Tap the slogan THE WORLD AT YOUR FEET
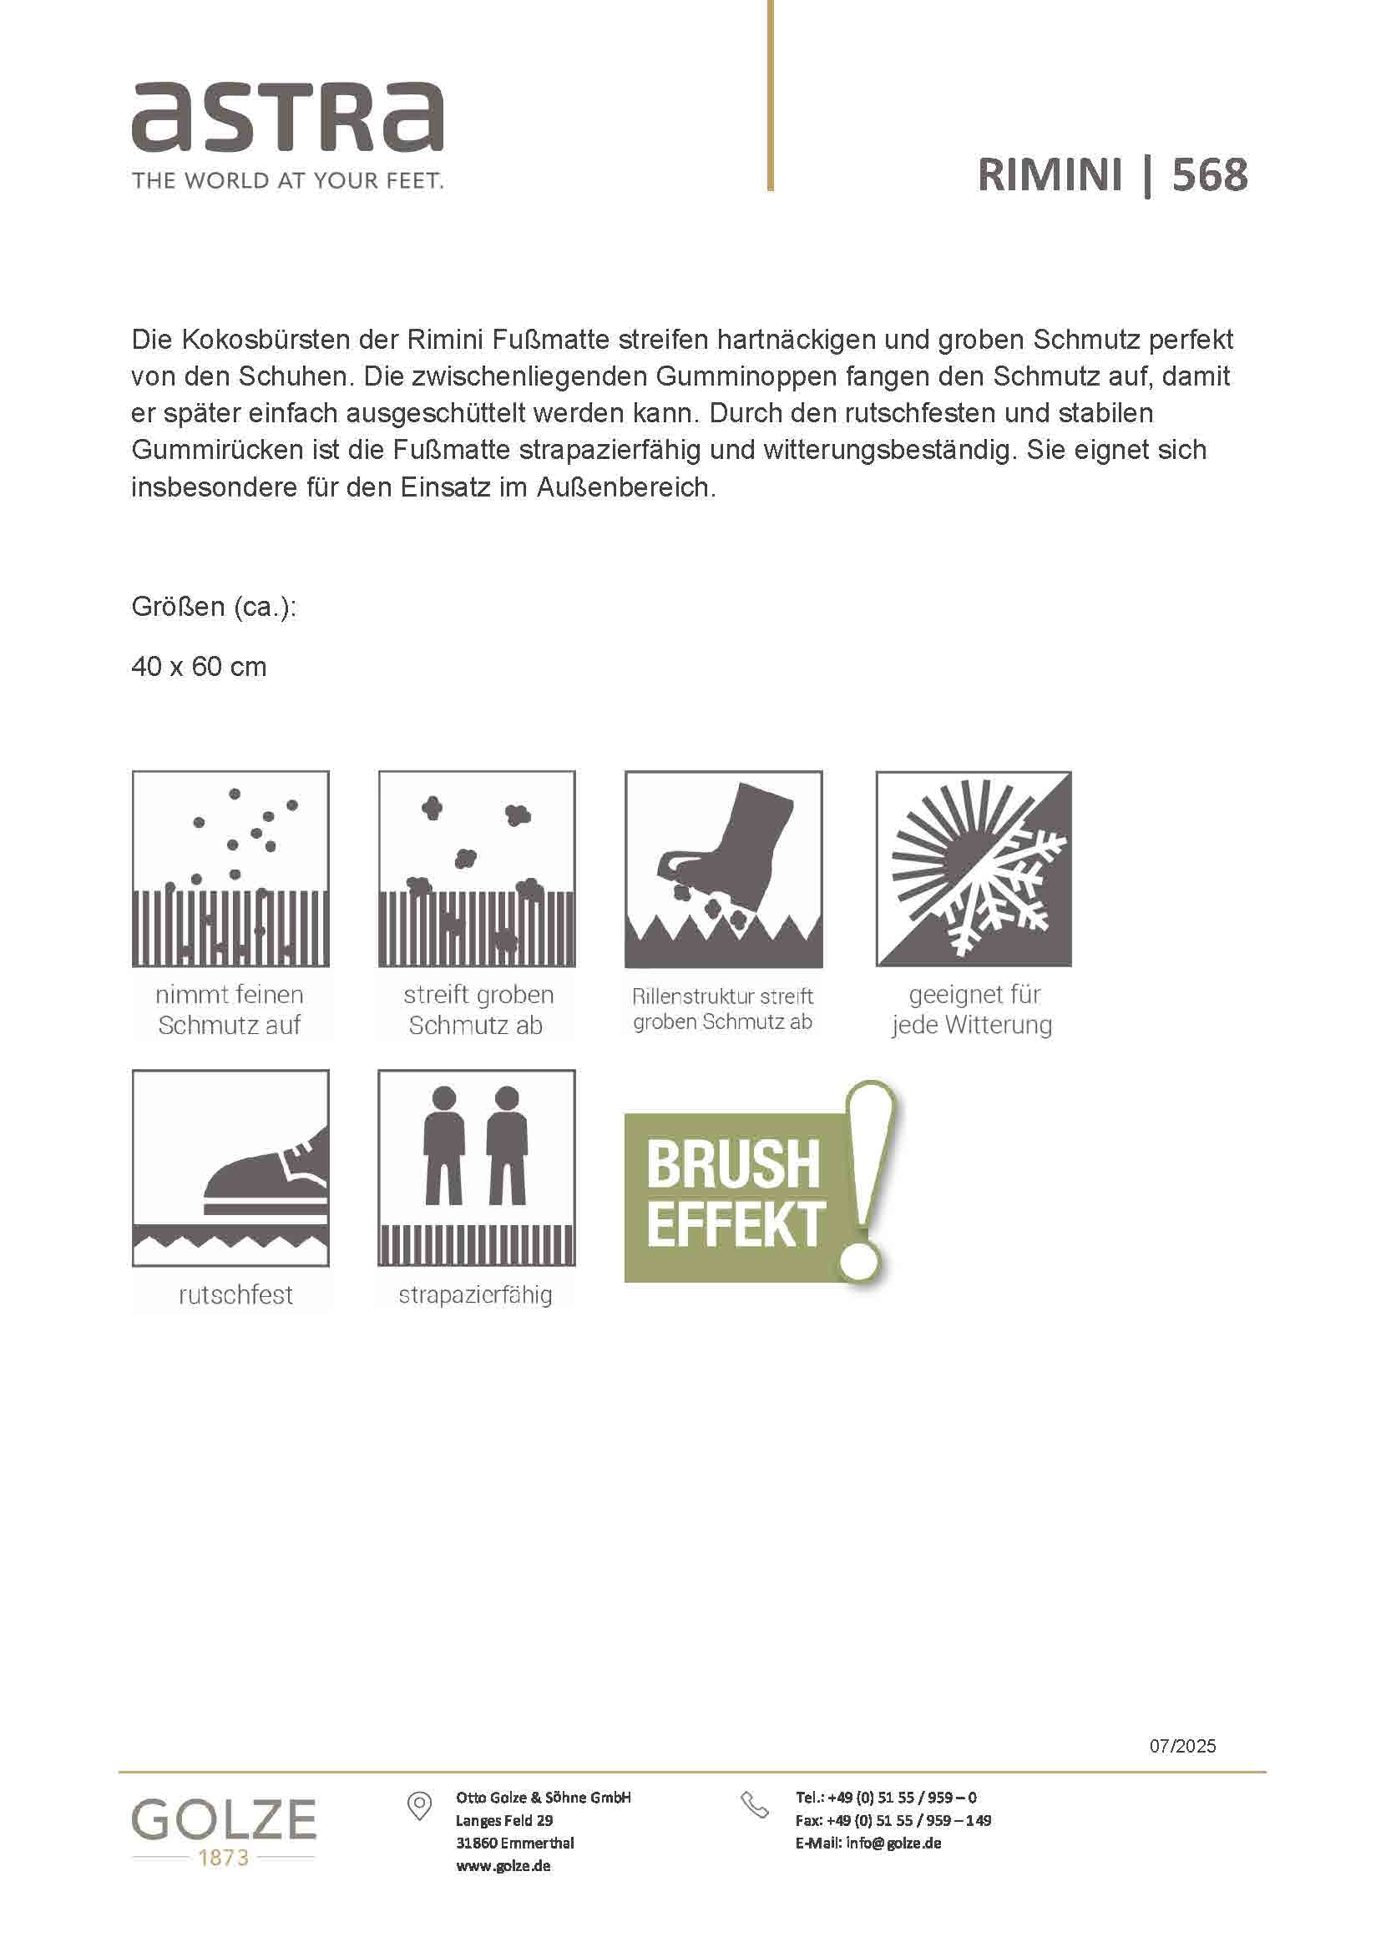(287, 180)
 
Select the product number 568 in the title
(1209, 175)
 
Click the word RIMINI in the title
(1050, 175)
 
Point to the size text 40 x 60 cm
(199, 667)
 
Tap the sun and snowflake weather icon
(974, 869)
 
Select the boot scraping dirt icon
(724, 869)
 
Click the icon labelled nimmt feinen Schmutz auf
(230, 869)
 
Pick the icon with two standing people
(476, 1168)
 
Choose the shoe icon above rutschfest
(230, 1168)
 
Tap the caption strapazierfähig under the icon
(475, 1295)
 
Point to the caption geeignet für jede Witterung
(973, 1009)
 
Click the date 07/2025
(1182, 1746)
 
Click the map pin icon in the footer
(419, 1807)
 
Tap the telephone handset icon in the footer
(754, 1805)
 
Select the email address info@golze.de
(893, 1844)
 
